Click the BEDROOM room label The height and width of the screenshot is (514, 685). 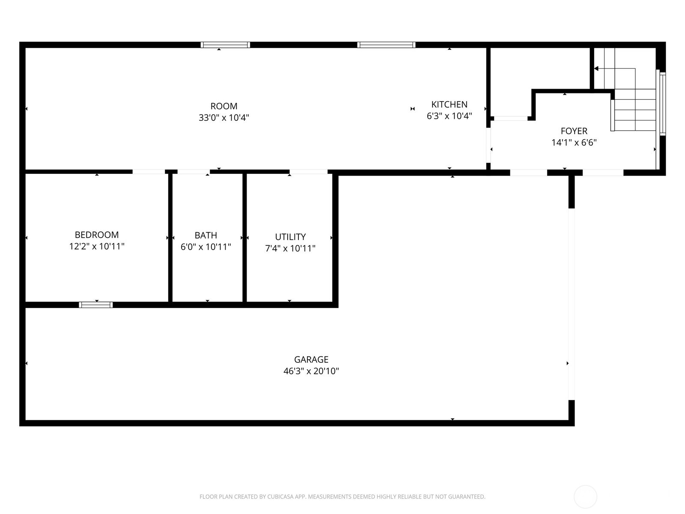97,235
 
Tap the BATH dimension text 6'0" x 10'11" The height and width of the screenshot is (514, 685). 205,247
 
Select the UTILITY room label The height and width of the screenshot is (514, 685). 290,237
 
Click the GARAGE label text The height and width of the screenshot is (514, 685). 311,359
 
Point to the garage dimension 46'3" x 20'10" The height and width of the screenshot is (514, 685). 311,371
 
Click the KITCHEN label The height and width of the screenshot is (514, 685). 449,105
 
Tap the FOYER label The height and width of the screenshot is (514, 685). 574,131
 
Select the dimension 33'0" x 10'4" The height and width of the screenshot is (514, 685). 224,117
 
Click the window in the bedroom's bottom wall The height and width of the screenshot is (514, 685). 96,305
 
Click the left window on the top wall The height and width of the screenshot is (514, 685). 225,45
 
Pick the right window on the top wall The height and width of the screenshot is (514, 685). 386,45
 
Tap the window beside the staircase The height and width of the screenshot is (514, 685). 662,103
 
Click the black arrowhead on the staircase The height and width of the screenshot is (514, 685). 596,69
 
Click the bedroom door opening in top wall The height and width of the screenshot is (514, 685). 149,172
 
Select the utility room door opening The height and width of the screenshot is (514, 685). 308,172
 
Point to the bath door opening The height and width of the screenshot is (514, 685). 194,172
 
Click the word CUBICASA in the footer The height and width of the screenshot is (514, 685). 280,497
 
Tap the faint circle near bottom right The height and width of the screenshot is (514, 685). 585,497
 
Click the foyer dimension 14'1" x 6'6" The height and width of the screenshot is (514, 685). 574,143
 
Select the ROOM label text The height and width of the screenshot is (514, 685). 224,106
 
